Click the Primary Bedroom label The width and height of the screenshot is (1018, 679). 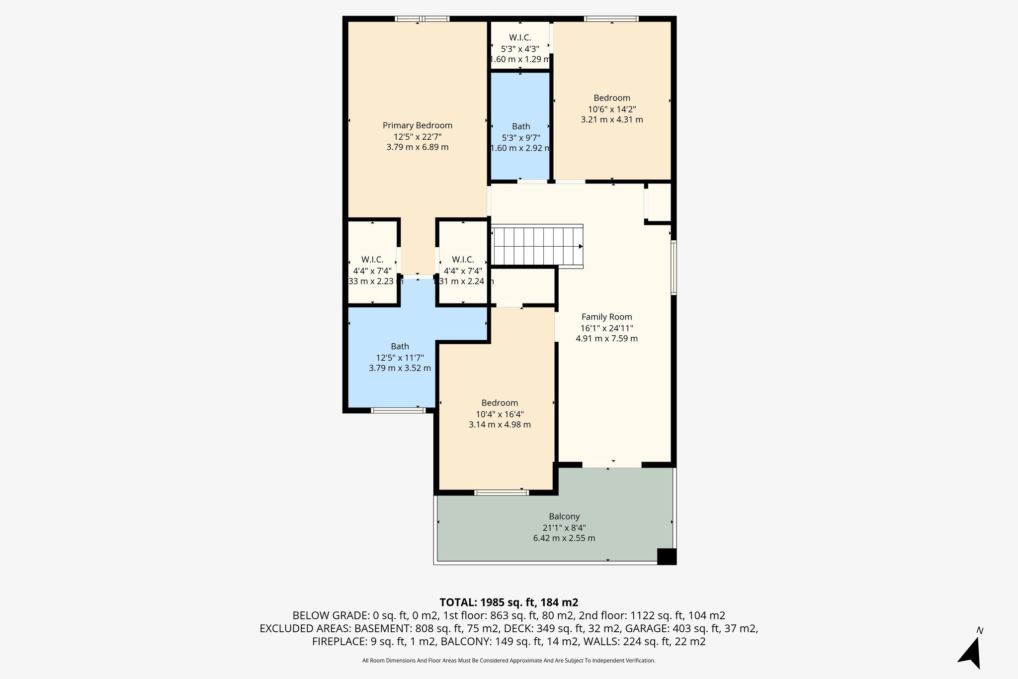click(x=417, y=125)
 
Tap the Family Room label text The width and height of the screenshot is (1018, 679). click(x=606, y=317)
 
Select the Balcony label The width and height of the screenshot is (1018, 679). click(x=564, y=516)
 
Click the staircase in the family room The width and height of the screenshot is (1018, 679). click(x=537, y=246)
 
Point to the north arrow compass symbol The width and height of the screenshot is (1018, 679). click(x=971, y=653)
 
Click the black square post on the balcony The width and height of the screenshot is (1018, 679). click(x=666, y=556)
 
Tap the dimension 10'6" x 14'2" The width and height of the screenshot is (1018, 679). click(x=612, y=109)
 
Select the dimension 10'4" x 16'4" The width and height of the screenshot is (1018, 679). click(x=500, y=414)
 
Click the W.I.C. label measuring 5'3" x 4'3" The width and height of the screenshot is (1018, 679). click(x=520, y=38)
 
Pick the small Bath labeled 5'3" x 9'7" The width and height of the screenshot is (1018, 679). click(x=521, y=126)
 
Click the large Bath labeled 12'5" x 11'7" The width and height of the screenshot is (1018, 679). click(x=400, y=346)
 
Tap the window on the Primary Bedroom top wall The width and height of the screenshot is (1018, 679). click(x=422, y=19)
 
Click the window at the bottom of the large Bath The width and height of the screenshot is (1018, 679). click(x=398, y=410)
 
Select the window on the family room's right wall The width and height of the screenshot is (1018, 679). click(x=674, y=268)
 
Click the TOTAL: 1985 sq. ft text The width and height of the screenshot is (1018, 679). click(x=509, y=602)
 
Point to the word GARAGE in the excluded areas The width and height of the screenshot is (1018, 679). click(x=644, y=628)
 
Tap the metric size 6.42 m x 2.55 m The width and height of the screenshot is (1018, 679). click(x=564, y=538)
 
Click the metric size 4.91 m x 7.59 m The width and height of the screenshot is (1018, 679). click(x=606, y=339)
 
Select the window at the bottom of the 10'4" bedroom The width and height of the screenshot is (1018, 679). click(x=501, y=492)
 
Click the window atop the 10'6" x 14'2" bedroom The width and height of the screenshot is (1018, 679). click(x=611, y=19)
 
